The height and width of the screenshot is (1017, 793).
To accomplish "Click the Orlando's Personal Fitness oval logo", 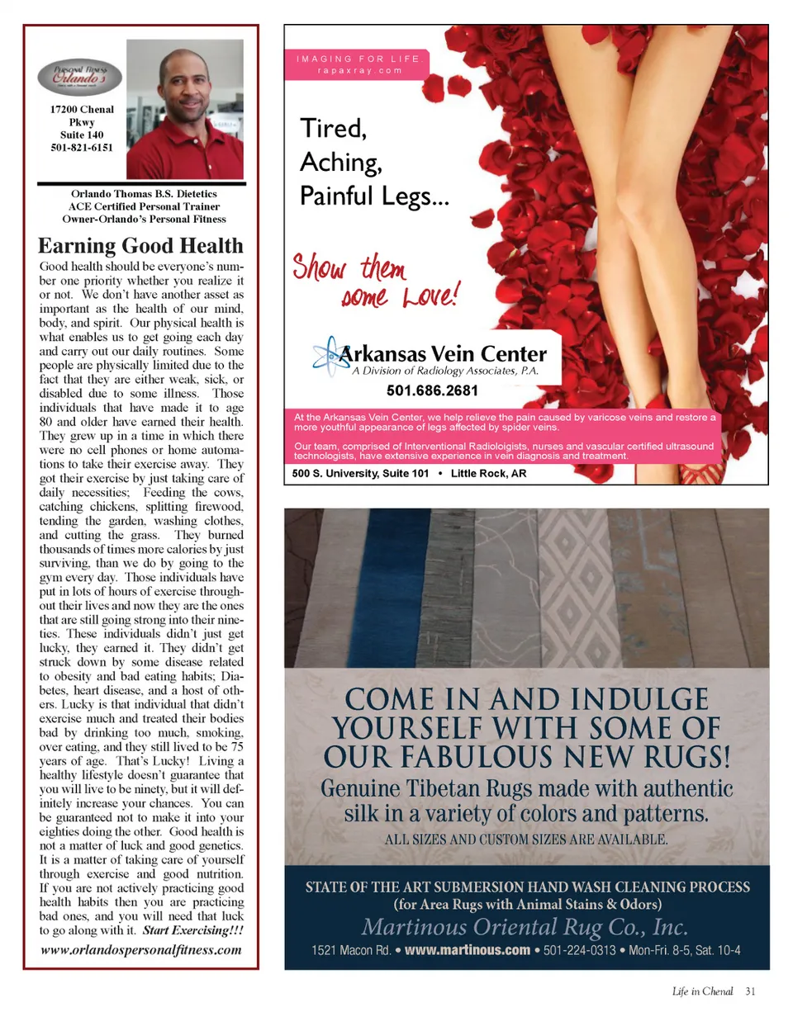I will click(81, 77).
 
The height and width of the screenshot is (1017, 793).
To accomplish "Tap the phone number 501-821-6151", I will click(81, 148).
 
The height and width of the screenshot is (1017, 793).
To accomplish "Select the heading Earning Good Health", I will click(141, 246).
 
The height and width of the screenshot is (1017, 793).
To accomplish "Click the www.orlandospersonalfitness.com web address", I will click(141, 949).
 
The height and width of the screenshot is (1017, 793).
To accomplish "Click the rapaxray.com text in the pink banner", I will click(359, 70).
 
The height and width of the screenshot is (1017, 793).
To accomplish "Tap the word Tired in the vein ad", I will click(332, 129).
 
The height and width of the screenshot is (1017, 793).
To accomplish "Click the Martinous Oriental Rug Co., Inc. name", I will click(525, 924).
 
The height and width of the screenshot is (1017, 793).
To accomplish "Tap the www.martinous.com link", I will click(467, 950).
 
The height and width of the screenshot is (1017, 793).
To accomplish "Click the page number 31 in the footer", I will click(749, 991).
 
